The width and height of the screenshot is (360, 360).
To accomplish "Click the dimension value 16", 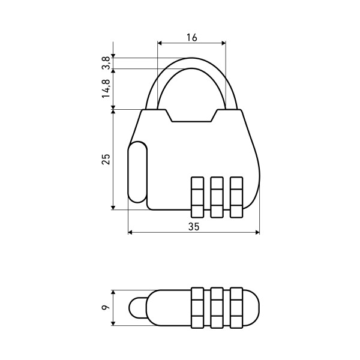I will click(x=191, y=37).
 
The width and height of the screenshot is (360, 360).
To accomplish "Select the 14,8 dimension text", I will click(x=106, y=88).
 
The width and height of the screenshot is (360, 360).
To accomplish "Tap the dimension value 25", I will click(x=106, y=159).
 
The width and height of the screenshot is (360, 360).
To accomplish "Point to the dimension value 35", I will click(x=193, y=226).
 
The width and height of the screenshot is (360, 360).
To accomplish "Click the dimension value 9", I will click(x=106, y=308).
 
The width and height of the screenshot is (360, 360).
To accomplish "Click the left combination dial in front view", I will click(x=197, y=197).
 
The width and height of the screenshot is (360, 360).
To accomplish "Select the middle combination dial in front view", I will click(x=217, y=197).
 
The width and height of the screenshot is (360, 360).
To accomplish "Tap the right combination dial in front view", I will click(x=237, y=197).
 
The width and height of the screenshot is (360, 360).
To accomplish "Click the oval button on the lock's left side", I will click(x=137, y=173).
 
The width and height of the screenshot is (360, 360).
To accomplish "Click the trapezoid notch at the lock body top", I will click(x=192, y=115).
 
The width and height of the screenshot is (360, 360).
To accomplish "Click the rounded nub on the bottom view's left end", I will click(x=136, y=308).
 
